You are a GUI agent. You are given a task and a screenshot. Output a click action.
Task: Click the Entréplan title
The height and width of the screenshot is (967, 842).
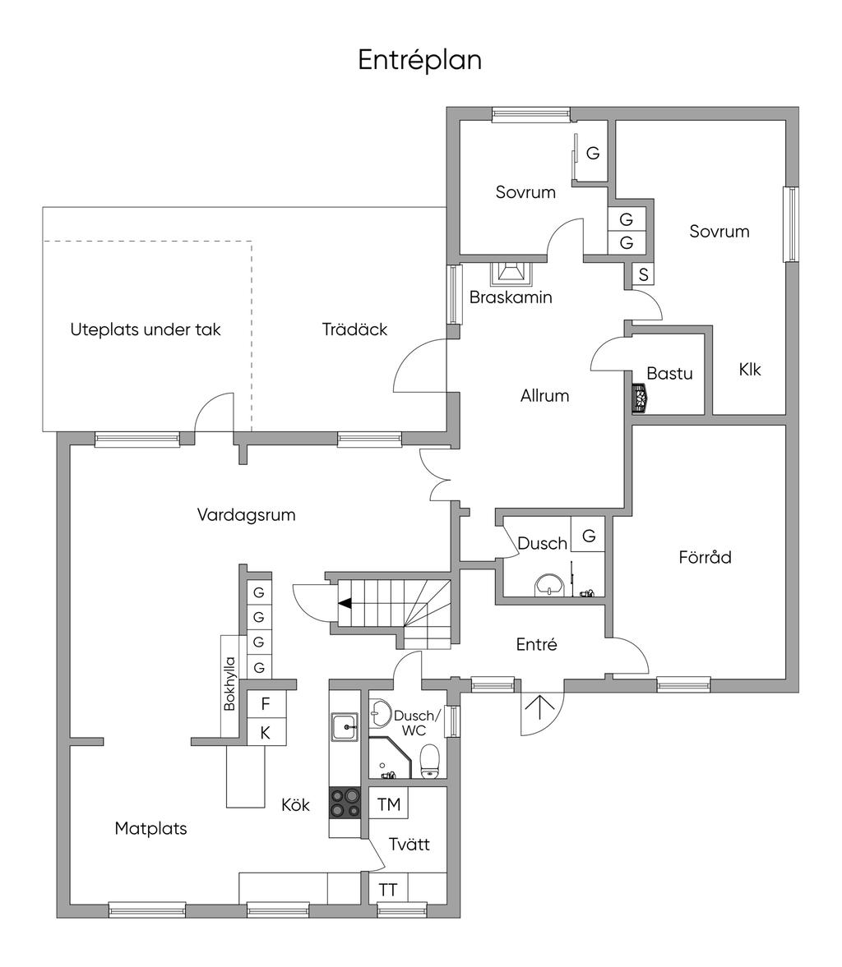pyautogui.click(x=419, y=60)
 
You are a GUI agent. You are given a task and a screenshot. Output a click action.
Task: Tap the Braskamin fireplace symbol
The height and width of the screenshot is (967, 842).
pyautogui.click(x=511, y=273)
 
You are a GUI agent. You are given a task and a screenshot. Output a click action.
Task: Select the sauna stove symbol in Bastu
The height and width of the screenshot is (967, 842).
pyautogui.click(x=639, y=398)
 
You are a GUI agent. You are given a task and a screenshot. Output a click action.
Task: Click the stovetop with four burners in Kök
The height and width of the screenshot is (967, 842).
pyautogui.click(x=345, y=802)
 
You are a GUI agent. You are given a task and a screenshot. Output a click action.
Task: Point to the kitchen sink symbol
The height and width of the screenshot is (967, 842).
pyautogui.click(x=345, y=726)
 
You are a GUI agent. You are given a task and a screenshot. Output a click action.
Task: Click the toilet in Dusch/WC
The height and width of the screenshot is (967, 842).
pyautogui.click(x=430, y=761)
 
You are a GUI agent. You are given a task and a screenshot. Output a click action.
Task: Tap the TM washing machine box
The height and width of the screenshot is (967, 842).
pyautogui.click(x=388, y=804)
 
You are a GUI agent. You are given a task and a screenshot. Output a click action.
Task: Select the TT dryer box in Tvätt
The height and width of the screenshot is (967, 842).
pyautogui.click(x=388, y=890)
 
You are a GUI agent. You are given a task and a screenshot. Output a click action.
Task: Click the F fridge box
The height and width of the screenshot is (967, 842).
pyautogui.click(x=265, y=704)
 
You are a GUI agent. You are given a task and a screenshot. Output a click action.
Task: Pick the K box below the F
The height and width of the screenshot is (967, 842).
pyautogui.click(x=265, y=732)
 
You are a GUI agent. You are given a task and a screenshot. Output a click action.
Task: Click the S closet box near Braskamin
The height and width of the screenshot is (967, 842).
pyautogui.click(x=643, y=274)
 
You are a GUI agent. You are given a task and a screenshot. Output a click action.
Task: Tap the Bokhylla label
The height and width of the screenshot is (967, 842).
pyautogui.click(x=230, y=684)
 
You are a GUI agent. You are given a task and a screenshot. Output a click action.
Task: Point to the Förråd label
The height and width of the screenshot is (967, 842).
pyautogui.click(x=705, y=557)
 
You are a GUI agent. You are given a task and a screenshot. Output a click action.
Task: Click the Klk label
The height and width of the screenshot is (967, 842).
pyautogui.click(x=749, y=370)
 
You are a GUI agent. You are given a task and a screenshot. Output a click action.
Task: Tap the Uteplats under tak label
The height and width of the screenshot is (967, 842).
pyautogui.click(x=146, y=330)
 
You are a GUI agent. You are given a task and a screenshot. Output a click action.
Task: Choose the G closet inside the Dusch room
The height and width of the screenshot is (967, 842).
pyautogui.click(x=589, y=536)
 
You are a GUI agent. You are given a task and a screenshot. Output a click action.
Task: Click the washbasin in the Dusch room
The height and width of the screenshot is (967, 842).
pyautogui.click(x=548, y=585)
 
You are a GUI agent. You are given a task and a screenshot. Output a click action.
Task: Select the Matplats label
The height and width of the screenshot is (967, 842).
pyautogui.click(x=150, y=828)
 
